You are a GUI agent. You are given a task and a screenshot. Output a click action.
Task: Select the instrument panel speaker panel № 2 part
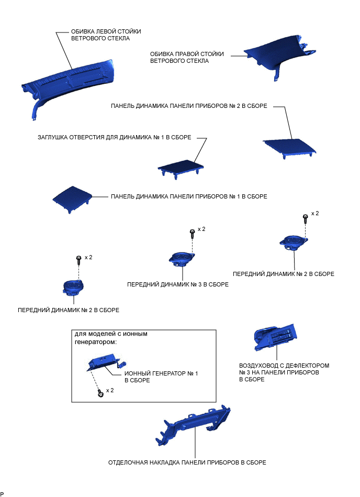pyautogui.click(x=289, y=147)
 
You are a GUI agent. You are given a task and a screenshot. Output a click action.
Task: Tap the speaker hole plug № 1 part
pyautogui.click(x=181, y=168)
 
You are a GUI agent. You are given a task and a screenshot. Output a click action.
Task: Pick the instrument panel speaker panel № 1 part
pyautogui.click(x=72, y=198)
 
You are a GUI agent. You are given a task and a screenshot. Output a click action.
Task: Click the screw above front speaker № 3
pyautogui.click(x=192, y=234)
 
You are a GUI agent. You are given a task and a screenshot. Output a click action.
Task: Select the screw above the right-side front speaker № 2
pyautogui.click(x=305, y=218)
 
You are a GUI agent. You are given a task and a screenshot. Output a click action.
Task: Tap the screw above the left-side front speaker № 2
pyautogui.click(x=79, y=261)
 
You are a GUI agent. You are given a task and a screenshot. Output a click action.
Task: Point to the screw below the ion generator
pyautogui.click(x=100, y=394)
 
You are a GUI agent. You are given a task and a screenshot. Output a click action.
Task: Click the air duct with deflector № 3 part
pyautogui.click(x=275, y=338)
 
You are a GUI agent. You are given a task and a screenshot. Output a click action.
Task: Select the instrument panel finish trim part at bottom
pyautogui.click(x=193, y=425)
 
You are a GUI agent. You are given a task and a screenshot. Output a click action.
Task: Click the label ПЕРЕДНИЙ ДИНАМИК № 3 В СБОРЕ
pyautogui.click(x=177, y=284)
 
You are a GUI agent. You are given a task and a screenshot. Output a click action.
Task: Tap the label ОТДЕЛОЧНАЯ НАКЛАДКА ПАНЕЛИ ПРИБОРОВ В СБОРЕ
pyautogui.click(x=187, y=462)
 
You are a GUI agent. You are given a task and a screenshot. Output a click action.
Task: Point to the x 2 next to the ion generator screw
pyautogui.click(x=110, y=390)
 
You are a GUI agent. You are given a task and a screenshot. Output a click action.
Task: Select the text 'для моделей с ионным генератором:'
pyautogui.click(x=111, y=338)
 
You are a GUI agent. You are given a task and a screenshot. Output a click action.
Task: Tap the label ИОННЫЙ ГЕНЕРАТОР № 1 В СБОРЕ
pyautogui.click(x=161, y=377)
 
